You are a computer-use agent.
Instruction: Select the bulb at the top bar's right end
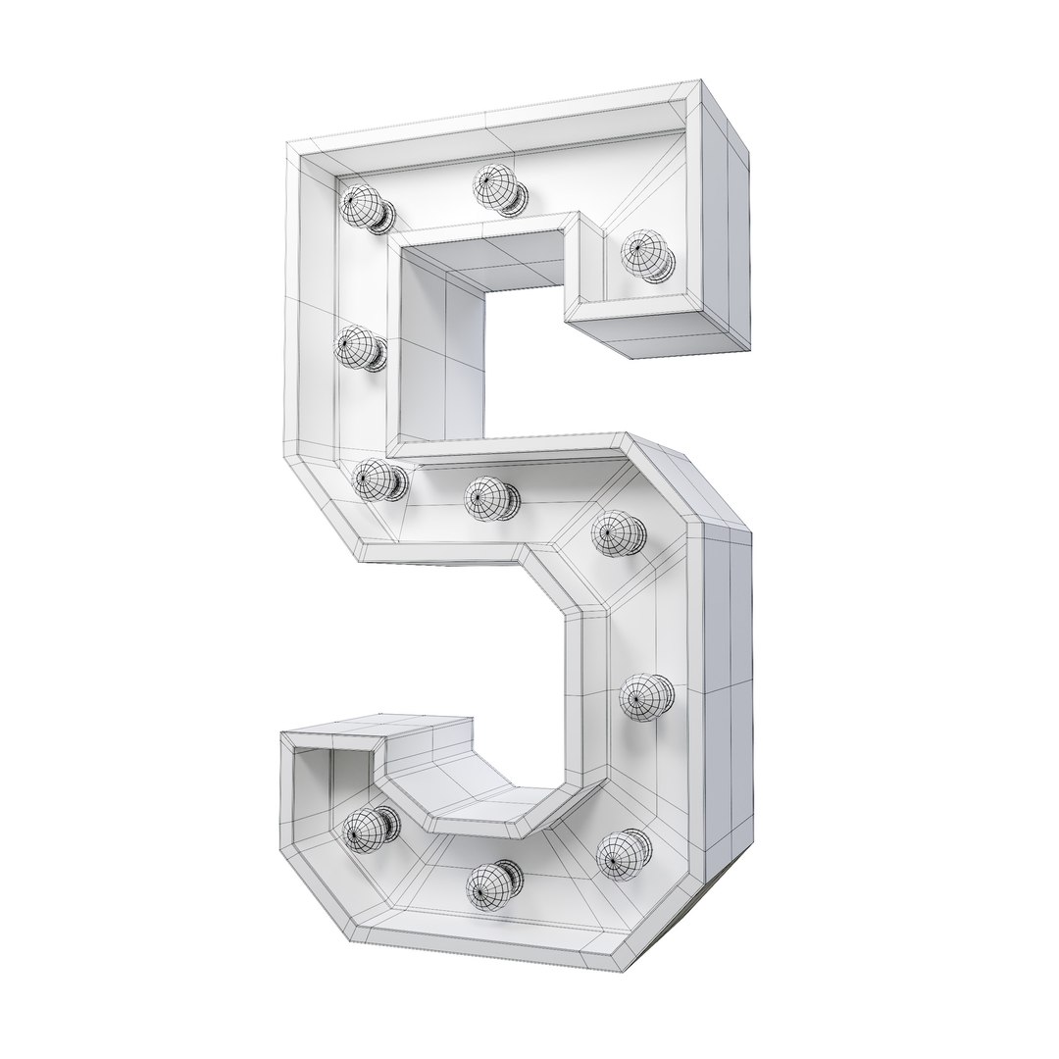click(x=645, y=255)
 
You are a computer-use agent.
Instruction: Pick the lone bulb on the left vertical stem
click(x=357, y=347)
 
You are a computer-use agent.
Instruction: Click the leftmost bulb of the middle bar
click(x=376, y=479)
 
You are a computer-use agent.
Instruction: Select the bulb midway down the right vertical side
click(x=645, y=697)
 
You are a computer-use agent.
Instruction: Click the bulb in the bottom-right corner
click(x=622, y=853)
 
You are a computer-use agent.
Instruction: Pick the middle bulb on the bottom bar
click(x=490, y=885)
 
